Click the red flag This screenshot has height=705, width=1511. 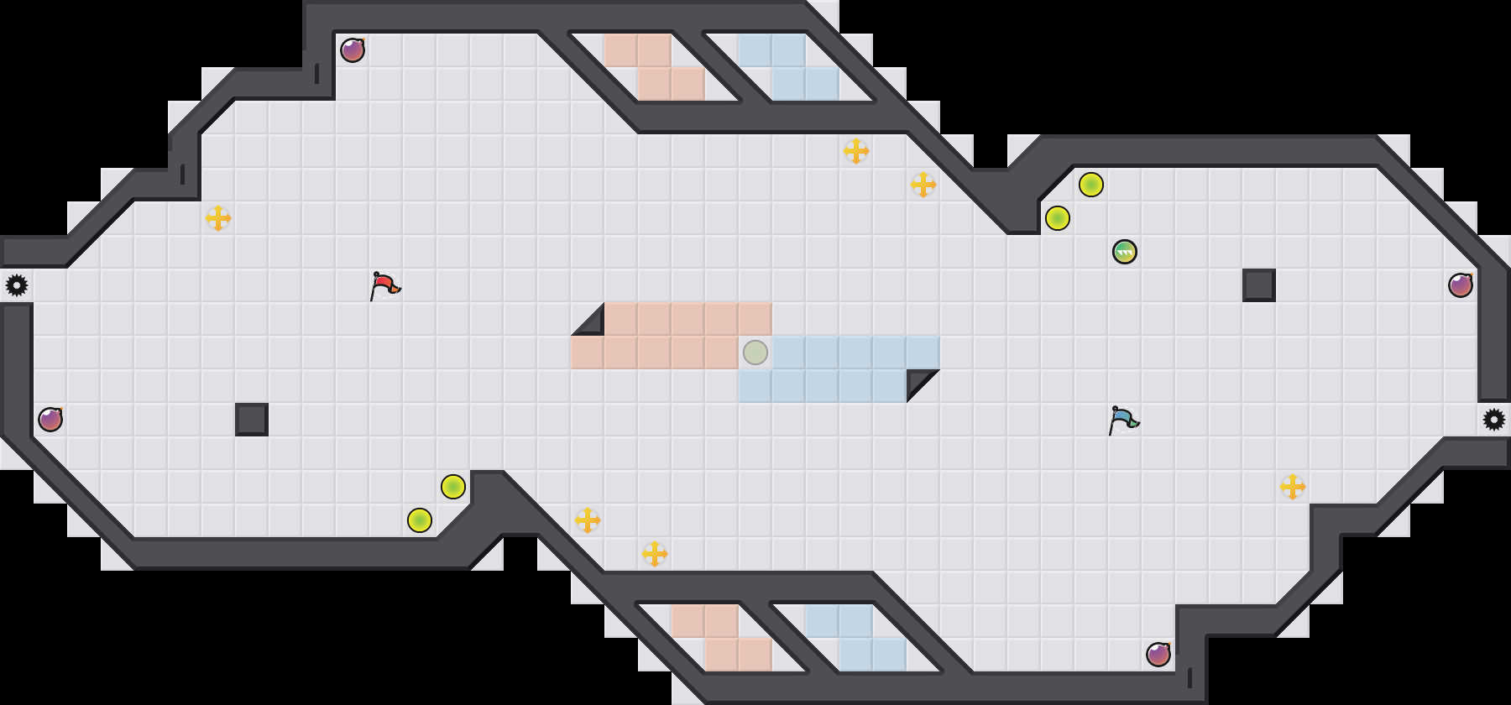pos(384,285)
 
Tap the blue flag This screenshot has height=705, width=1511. pos(1123,420)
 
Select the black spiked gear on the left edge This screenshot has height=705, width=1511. pos(17,285)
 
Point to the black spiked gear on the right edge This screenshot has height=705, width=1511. pos(1494,420)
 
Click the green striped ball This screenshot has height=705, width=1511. pos(1125,252)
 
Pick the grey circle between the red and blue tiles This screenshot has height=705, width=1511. pos(755,352)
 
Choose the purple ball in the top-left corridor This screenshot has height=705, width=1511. pos(353,50)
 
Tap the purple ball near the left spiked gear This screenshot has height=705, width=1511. pos(50,420)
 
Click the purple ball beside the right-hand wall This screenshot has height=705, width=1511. pos(1461,285)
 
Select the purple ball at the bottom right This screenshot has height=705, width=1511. pos(1158,655)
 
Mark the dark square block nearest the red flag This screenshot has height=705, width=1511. pos(252,420)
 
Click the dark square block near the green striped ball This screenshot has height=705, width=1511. pos(1259,285)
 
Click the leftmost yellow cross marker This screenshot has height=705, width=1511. pos(218,218)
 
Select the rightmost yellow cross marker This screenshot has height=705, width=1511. pos(1293,487)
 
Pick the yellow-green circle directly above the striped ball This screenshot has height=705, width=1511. pos(1058,218)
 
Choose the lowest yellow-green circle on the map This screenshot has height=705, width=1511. pos(420,520)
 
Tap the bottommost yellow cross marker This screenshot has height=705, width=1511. pos(655,554)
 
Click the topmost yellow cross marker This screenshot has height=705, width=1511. pos(856,151)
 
